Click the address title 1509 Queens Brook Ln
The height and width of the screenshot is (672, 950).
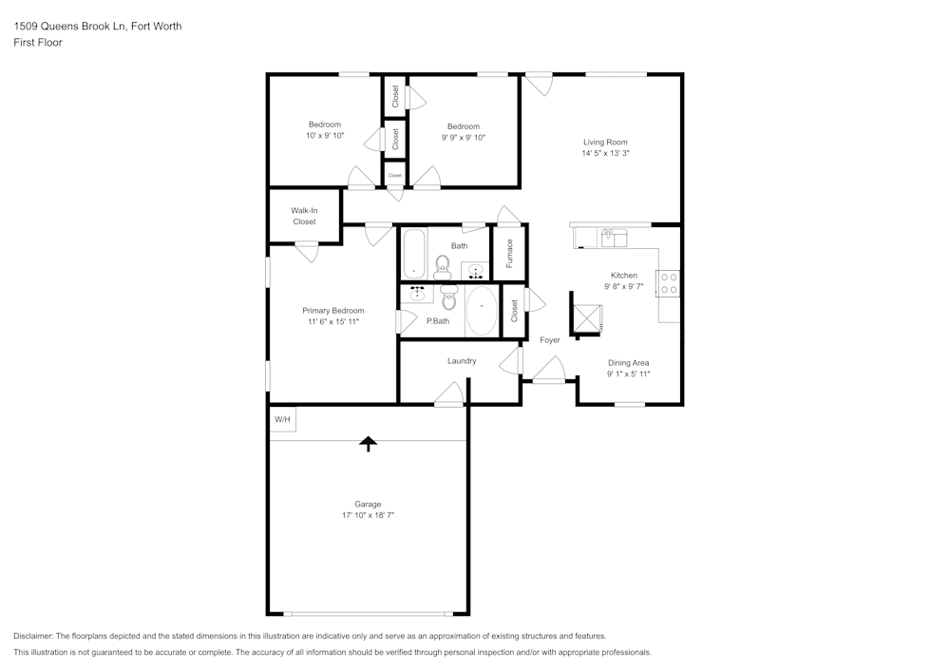(x=97, y=27)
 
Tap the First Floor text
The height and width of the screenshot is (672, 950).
(x=37, y=43)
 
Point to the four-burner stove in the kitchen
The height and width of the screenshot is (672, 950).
(x=669, y=283)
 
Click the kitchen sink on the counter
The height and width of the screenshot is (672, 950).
(x=614, y=236)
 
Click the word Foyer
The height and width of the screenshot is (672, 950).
(x=550, y=339)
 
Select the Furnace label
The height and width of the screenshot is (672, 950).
(x=509, y=253)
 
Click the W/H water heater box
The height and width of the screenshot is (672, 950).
(x=283, y=419)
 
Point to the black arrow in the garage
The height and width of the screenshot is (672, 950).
(x=368, y=443)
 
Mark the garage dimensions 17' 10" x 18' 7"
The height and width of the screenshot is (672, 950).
(x=368, y=515)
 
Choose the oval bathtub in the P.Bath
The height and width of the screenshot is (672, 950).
(x=482, y=309)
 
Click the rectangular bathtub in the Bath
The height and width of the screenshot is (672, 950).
(x=414, y=254)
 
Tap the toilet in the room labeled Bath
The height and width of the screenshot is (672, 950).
(x=443, y=267)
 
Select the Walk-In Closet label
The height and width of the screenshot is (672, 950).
(x=304, y=216)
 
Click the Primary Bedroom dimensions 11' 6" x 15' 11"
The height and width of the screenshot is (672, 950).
(x=332, y=322)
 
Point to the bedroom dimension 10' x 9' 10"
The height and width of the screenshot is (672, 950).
(x=325, y=136)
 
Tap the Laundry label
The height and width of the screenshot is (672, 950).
(x=462, y=361)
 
